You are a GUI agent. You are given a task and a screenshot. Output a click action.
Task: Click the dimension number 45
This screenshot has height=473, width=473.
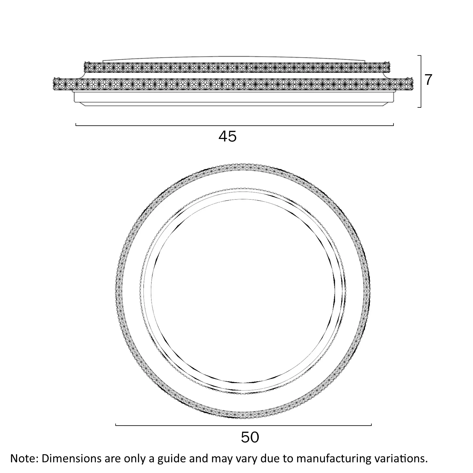tap(228, 136)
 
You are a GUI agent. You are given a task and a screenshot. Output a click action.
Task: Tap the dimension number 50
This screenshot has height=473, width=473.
tap(250, 437)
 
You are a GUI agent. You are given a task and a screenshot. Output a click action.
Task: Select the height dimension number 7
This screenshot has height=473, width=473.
tap(428, 80)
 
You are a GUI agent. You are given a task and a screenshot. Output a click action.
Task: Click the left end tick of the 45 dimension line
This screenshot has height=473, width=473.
tap(76, 125)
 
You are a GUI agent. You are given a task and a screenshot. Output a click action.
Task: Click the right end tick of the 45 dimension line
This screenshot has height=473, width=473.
tap(393, 125)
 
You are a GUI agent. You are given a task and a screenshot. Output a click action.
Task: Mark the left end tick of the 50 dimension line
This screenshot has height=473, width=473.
tap(116, 425)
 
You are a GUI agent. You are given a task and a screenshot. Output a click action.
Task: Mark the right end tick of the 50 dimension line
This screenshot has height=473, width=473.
tap(371, 425)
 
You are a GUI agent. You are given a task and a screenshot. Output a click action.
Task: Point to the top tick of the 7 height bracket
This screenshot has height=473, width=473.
tap(419, 56)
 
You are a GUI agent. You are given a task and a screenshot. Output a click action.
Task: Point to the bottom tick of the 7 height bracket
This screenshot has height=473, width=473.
tap(419, 107)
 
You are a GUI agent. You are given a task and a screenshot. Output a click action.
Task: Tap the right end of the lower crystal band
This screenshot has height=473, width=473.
tap(413, 84)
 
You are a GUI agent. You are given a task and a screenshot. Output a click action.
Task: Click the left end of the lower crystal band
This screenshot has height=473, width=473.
tap(53, 84)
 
